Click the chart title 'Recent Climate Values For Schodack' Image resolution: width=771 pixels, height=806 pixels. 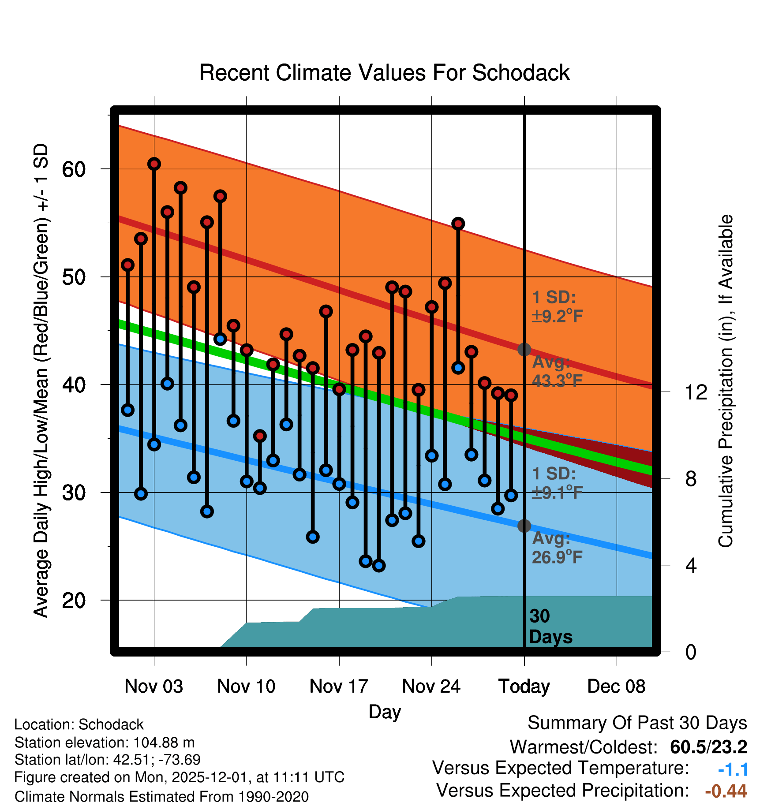point(384,73)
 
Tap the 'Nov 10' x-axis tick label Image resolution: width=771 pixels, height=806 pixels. point(246,687)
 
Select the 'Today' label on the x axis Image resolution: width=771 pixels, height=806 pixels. point(524,687)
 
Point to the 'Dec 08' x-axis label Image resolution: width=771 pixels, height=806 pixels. point(616,687)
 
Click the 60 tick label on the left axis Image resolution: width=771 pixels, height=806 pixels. point(74,169)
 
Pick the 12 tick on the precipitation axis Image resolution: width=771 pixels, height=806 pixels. point(696,392)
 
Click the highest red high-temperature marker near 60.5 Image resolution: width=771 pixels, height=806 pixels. point(154,164)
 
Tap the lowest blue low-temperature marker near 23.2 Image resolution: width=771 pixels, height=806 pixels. point(379,566)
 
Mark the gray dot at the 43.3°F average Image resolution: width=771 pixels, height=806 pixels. point(524,350)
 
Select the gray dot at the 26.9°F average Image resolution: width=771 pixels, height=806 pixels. point(524,526)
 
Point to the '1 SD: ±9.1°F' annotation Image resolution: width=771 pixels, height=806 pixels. point(557,483)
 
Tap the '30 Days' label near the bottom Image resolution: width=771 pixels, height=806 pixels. point(550,627)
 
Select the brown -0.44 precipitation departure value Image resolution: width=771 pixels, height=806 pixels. point(726,791)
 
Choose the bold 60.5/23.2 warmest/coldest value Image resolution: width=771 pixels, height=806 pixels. point(708,747)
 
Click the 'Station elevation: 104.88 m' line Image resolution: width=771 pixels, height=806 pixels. point(105,743)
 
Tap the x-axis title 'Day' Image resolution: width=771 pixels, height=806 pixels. point(385,712)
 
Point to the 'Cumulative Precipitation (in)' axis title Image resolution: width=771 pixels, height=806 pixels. point(726,381)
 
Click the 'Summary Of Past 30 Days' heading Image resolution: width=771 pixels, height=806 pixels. point(637,723)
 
